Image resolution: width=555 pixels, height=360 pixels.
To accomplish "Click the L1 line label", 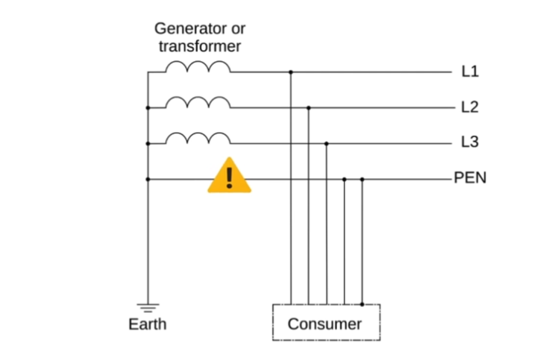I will (470, 72).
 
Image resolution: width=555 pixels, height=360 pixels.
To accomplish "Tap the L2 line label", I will (470, 107).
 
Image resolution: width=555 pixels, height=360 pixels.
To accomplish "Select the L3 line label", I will (470, 142).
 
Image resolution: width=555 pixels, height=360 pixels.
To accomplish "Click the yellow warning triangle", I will (229, 177).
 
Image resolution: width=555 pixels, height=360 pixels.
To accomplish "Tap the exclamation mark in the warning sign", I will (229, 177).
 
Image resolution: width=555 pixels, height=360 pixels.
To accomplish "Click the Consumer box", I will (325, 323).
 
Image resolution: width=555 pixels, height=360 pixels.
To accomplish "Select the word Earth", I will (148, 324).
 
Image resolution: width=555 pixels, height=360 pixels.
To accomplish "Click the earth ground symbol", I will (148, 307).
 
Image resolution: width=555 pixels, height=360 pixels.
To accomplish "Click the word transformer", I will (199, 46).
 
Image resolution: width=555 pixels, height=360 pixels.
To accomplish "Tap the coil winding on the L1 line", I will (198, 68).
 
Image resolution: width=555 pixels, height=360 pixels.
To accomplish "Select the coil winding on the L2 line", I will (198, 103).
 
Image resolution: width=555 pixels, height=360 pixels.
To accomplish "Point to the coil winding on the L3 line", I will (198, 138).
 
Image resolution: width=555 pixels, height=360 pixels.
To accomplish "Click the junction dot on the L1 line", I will (290, 72).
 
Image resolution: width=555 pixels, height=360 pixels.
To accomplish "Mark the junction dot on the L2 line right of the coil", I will (308, 107).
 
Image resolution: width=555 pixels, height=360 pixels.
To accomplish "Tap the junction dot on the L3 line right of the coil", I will (326, 142).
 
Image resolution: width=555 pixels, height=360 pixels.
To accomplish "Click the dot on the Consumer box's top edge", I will (362, 304).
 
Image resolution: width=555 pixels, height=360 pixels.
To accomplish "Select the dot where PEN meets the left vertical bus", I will (148, 179).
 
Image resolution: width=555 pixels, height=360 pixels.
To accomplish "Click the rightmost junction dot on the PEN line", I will (362, 179).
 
